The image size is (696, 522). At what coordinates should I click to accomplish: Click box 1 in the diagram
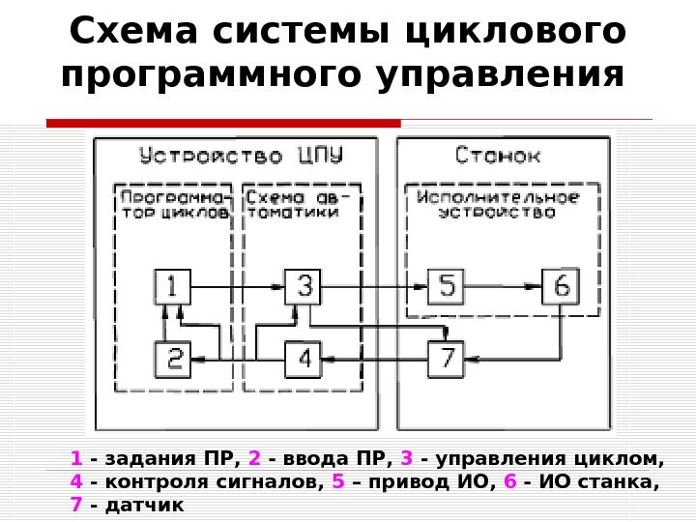pyautogui.click(x=173, y=287)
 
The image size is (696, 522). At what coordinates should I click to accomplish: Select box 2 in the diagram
pyautogui.click(x=173, y=359)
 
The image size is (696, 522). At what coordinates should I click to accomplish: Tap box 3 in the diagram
pyautogui.click(x=304, y=287)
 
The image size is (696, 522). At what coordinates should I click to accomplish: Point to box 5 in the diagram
pyautogui.click(x=446, y=287)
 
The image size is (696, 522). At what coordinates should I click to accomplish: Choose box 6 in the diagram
pyautogui.click(x=561, y=287)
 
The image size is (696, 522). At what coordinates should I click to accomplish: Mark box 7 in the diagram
pyautogui.click(x=446, y=359)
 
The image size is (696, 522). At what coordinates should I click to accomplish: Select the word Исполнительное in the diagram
pyautogui.click(x=498, y=196)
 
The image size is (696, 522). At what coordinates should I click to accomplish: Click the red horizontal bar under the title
pyautogui.click(x=223, y=123)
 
